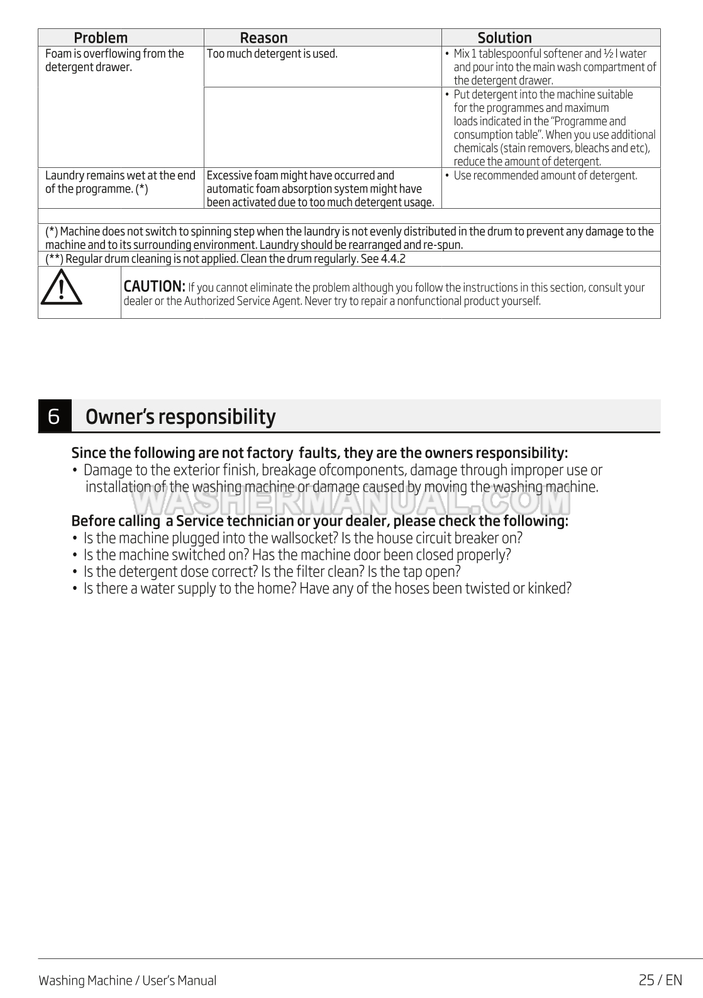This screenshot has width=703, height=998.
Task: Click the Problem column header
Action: tap(101, 38)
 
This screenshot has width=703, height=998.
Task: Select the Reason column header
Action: tap(263, 38)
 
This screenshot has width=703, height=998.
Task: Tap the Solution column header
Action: tap(504, 38)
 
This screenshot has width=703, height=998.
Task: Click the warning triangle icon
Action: tap(61, 291)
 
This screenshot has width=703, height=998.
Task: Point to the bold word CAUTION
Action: tap(154, 287)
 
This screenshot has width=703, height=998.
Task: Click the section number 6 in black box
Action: tap(54, 416)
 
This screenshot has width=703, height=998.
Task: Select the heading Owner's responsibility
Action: tap(180, 417)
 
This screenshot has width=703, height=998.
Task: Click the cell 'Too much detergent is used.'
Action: tap(272, 54)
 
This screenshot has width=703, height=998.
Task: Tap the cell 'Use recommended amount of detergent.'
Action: tap(545, 175)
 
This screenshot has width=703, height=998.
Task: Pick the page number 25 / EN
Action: tap(660, 980)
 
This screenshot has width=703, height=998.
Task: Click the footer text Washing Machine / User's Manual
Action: tap(127, 980)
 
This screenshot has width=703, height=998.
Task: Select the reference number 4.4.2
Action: tap(393, 259)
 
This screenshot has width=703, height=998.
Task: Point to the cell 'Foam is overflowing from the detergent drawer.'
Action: tap(114, 60)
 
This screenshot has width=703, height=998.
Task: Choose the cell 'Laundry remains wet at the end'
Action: tap(120, 175)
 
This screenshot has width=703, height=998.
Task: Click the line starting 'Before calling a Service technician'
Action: tap(319, 521)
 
